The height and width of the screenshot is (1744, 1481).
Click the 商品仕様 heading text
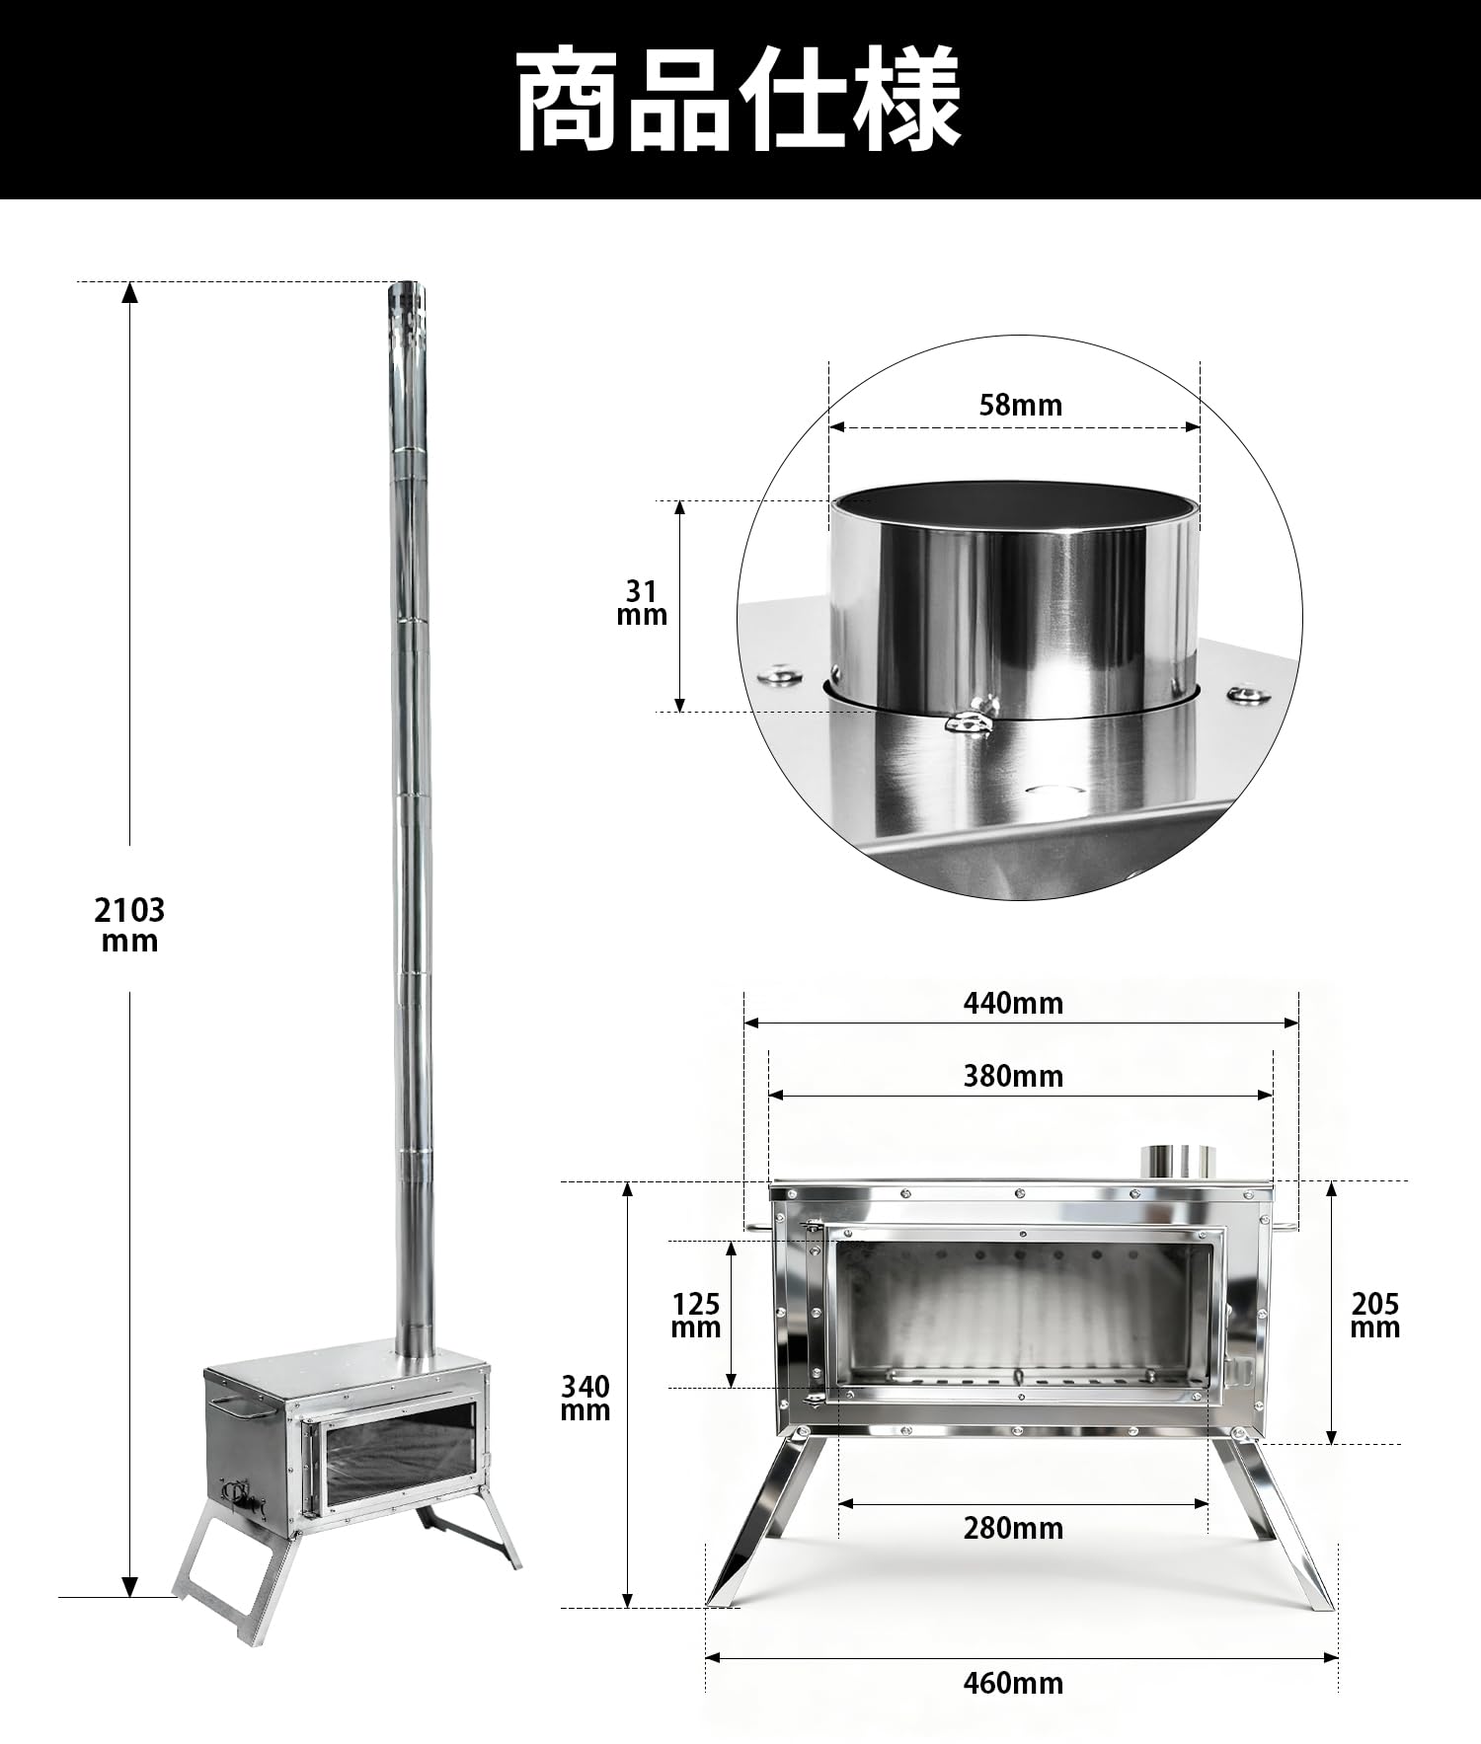click(x=739, y=100)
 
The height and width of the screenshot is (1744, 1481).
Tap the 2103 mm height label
click(x=129, y=924)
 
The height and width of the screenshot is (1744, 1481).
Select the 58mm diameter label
click(x=1020, y=405)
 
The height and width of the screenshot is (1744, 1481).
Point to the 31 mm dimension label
click(x=642, y=603)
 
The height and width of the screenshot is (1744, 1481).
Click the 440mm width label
click(x=1013, y=1003)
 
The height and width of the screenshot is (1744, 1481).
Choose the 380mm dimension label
click(x=1013, y=1076)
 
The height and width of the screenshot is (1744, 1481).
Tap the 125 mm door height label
click(x=696, y=1316)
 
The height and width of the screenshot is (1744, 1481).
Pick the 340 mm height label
click(x=585, y=1399)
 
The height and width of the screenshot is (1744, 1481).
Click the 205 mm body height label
click(x=1375, y=1316)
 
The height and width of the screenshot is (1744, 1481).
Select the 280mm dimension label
click(x=1013, y=1529)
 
